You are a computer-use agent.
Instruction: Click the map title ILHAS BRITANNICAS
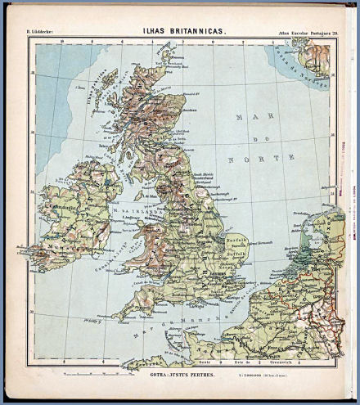[179, 30]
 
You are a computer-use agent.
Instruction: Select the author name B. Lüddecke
[42, 32]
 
